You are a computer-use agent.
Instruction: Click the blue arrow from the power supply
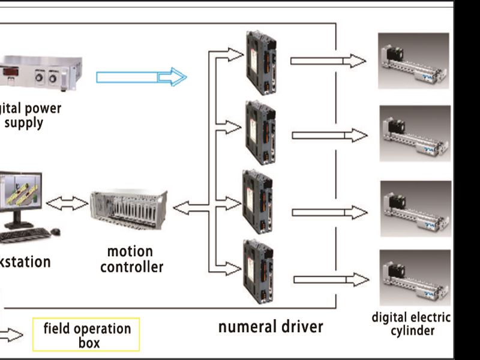pyautogui.click(x=142, y=77)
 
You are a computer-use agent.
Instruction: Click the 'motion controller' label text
pyautogui.click(x=131, y=259)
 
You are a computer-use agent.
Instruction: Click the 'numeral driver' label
pyautogui.click(x=270, y=327)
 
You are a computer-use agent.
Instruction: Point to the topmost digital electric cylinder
pyautogui.click(x=413, y=61)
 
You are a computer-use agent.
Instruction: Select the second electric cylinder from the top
pyautogui.click(x=415, y=133)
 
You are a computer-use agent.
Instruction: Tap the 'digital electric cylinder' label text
pyautogui.click(x=411, y=324)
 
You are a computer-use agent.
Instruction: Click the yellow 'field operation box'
pyautogui.click(x=87, y=335)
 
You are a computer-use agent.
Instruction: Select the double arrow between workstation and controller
pyautogui.click(x=67, y=204)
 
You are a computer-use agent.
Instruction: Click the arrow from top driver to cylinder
pyautogui.click(x=328, y=61)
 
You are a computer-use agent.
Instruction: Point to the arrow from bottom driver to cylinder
pyautogui.click(x=331, y=279)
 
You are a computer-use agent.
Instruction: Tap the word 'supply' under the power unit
pyautogui.click(x=23, y=123)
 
